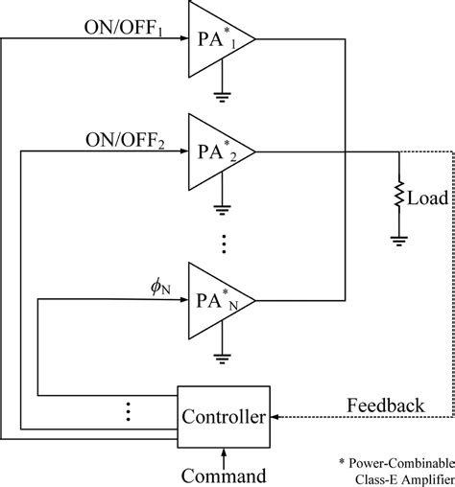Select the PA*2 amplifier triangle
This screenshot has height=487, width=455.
click(x=217, y=151)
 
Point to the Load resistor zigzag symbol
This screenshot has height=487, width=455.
click(x=397, y=198)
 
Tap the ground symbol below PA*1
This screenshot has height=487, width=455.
click(x=223, y=96)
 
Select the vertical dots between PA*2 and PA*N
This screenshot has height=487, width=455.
click(x=223, y=243)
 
